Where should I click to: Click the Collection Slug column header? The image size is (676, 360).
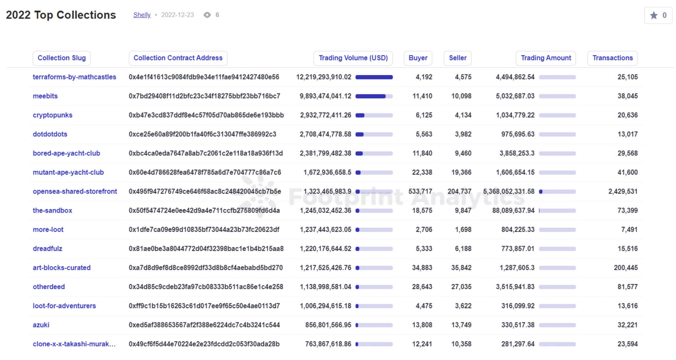pos(62,58)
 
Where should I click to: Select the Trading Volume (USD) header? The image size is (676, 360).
pos(353,58)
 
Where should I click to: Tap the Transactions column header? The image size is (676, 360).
pos(612,58)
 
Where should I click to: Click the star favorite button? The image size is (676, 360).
pos(657,15)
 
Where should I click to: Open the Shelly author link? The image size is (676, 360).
pos(142,15)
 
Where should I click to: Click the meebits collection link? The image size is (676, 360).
pos(45,96)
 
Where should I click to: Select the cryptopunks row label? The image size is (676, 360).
pos(53,115)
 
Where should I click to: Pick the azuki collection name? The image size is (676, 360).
pos(41,325)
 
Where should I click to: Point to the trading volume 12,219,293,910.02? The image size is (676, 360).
pos(323,77)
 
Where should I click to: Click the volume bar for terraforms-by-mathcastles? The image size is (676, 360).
pos(374,77)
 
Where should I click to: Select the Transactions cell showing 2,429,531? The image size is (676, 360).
pos(622,191)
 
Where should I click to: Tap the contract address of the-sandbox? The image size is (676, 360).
pos(204,210)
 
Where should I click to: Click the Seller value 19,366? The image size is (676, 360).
pos(461,172)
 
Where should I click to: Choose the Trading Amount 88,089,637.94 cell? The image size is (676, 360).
pos(513,210)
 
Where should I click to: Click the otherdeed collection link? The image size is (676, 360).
pos(49,287)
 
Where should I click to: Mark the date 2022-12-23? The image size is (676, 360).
pos(177,15)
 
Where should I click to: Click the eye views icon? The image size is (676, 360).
pos(207,15)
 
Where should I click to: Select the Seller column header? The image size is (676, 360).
pos(457,58)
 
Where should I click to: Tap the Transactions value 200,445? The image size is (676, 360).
pos(626,268)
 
